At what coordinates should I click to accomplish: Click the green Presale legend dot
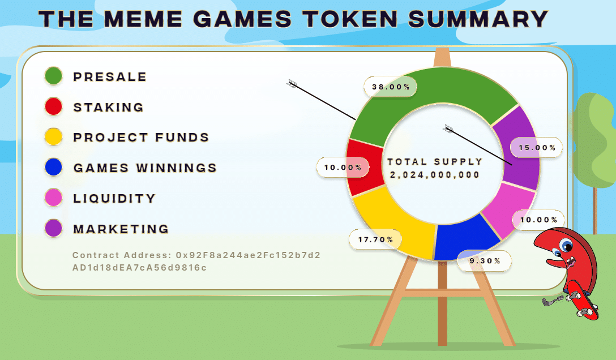[53, 76]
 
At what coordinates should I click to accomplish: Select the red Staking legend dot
[53, 106]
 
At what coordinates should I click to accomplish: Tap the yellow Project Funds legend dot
[53, 137]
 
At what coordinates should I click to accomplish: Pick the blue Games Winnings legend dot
[53, 167]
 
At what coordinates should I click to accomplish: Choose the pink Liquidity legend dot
[53, 198]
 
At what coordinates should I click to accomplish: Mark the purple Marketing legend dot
[53, 228]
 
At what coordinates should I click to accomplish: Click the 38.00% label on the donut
[391, 87]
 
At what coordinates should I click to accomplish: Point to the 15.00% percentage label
[537, 148]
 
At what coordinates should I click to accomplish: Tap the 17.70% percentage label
[375, 239]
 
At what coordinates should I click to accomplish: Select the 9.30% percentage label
[485, 261]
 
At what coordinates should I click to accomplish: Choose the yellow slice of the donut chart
[397, 222]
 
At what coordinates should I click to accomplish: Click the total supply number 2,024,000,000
[435, 175]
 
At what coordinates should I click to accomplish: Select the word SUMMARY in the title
[478, 19]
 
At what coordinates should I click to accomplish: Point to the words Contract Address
[122, 255]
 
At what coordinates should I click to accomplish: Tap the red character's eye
[566, 245]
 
